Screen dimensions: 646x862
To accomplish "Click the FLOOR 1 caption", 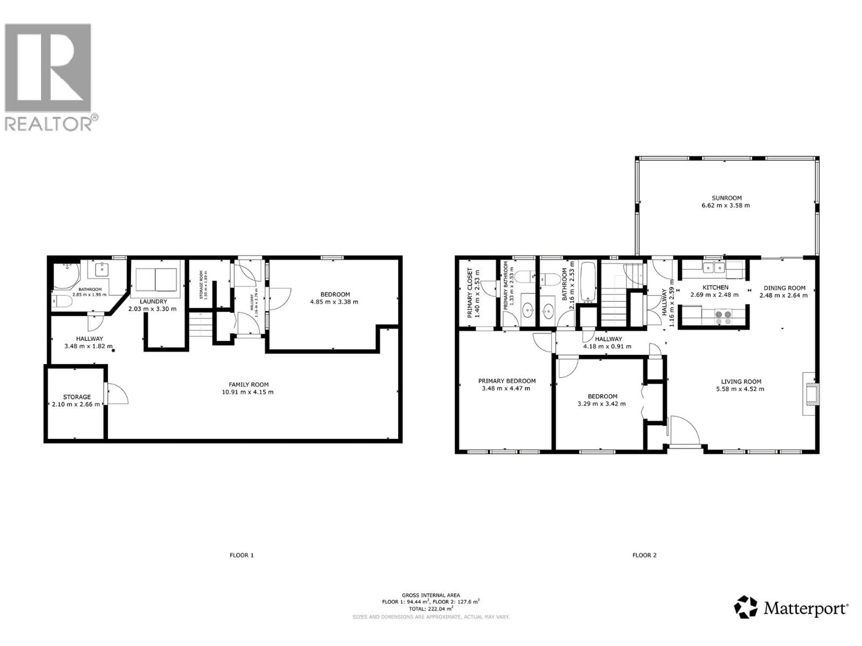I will (242, 555).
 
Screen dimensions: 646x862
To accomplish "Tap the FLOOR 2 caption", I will (644, 555).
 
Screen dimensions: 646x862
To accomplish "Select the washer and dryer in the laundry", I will (156, 279).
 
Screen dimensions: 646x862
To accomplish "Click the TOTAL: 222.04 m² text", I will (431, 609).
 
